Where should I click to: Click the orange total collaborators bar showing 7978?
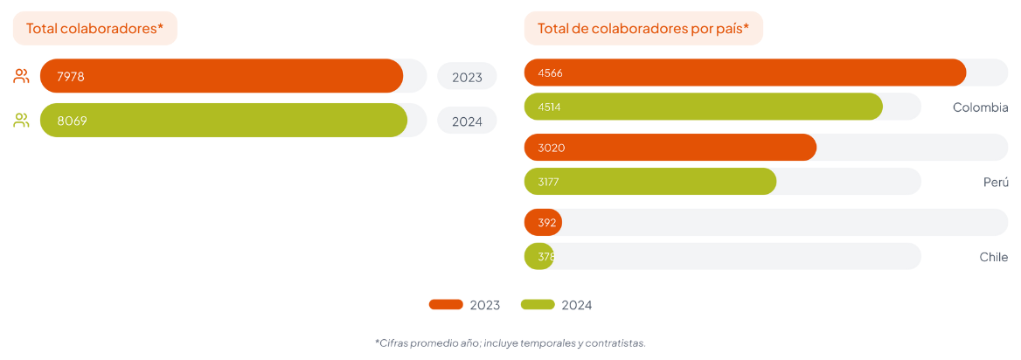coord(221,76)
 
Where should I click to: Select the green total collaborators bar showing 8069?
coord(224,121)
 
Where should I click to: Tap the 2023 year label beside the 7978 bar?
coord(467,77)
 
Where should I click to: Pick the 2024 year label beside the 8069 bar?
coord(467,121)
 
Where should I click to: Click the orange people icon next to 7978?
coord(22,76)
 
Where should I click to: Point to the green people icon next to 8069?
coord(22,121)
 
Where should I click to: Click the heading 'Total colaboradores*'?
coord(94,28)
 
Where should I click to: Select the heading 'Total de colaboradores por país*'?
coord(643,28)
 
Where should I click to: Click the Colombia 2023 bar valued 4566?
coord(745,73)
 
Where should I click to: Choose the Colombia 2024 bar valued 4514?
coord(704,107)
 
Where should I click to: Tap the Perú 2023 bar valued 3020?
coord(670,147)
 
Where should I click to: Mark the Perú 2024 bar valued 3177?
coord(650,182)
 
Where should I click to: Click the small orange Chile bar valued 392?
coord(543,222)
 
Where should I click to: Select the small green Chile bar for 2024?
coord(538,256)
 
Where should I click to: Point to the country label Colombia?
coord(980,107)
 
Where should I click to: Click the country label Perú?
coord(995,182)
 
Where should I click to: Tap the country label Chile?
coord(993,257)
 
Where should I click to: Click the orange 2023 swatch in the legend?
coord(446,304)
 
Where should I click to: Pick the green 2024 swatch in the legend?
coord(538,304)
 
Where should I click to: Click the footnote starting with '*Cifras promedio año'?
coord(510,343)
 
